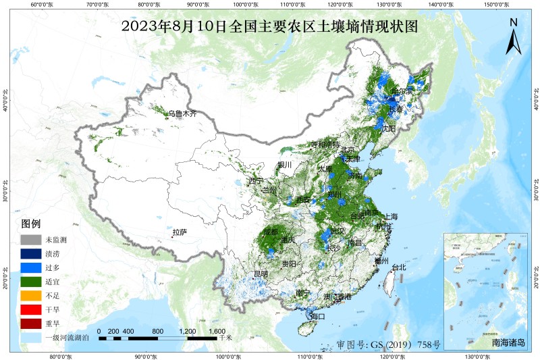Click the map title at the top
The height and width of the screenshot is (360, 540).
[x=270, y=27]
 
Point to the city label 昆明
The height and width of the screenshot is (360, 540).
[x=260, y=274]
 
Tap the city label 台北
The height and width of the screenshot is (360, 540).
[x=398, y=267]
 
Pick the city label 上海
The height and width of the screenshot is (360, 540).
[x=391, y=217]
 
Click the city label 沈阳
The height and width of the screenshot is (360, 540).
[x=388, y=128]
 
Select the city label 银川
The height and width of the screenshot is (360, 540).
[x=284, y=165]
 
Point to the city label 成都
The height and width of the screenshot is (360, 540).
[x=271, y=232]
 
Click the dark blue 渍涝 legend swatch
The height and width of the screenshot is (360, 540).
[x=30, y=255]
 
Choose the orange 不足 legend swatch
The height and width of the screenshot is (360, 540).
[x=30, y=295]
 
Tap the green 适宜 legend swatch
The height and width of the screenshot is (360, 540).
[x=30, y=282]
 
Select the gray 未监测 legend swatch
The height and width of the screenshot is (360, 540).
[x=30, y=240]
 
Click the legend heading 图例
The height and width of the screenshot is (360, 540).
[x=31, y=224]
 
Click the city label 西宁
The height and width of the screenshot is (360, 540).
[x=255, y=181]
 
